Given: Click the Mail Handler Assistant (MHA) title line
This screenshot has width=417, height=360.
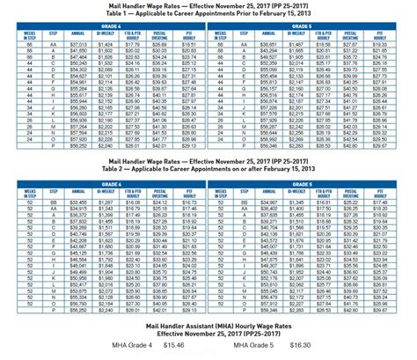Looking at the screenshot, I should [208, 327].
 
